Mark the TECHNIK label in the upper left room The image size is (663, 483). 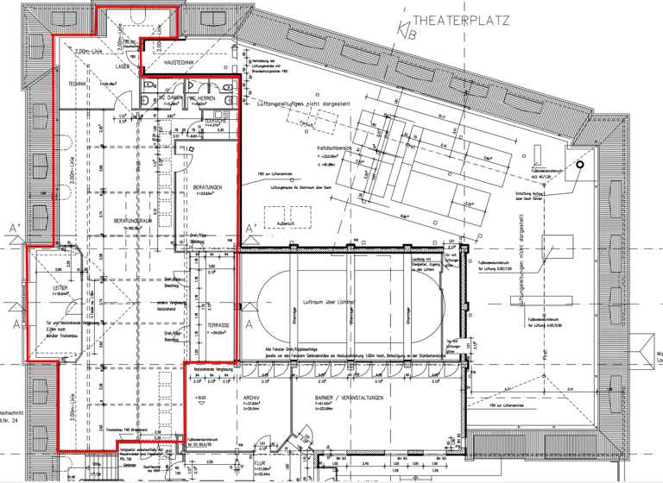79,83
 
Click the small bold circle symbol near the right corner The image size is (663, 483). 581,163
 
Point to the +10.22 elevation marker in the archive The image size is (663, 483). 201,398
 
